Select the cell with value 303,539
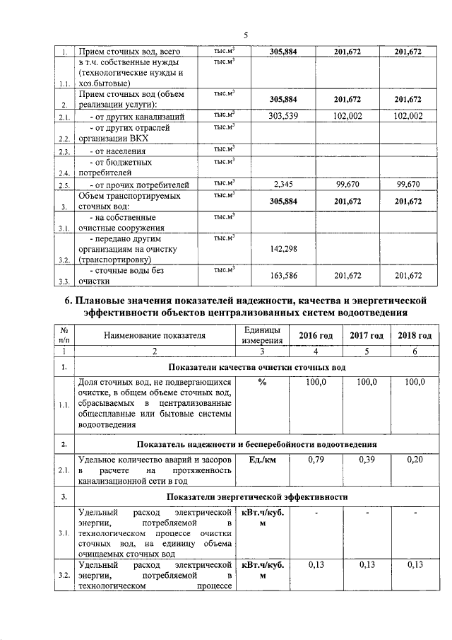tap(281, 116)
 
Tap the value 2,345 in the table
tap(281, 185)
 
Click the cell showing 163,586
tap(281, 275)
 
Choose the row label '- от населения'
tap(117, 151)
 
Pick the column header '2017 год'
tap(367, 335)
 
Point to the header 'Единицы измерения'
tap(262, 335)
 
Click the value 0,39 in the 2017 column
tap(367, 460)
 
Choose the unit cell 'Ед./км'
tap(262, 460)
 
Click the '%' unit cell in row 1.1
tap(262, 383)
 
